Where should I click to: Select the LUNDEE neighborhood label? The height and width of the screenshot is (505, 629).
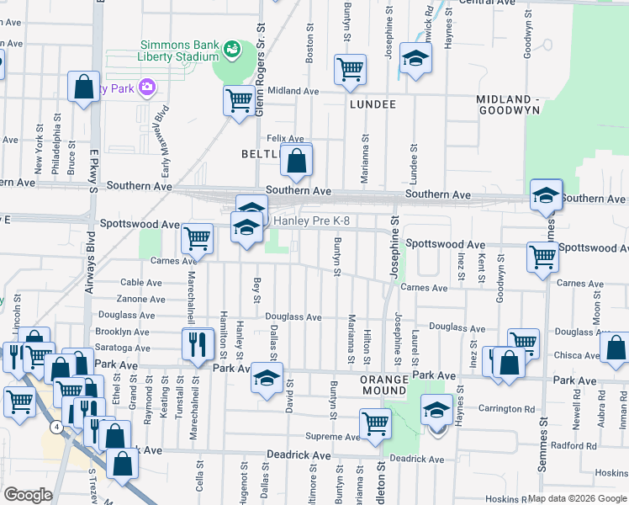pos(373,104)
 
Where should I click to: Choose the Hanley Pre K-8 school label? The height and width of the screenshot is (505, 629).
pos(312,221)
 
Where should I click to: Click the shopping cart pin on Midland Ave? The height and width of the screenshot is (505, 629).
pos(239,101)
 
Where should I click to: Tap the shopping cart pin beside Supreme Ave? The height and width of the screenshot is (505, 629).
pos(375,424)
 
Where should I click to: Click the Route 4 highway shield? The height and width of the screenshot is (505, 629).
pos(55,428)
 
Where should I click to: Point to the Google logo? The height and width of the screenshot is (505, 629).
pos(28,495)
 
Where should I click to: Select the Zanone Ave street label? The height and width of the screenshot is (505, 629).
pos(140,299)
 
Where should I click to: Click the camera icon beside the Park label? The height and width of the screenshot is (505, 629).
pos(147,88)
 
